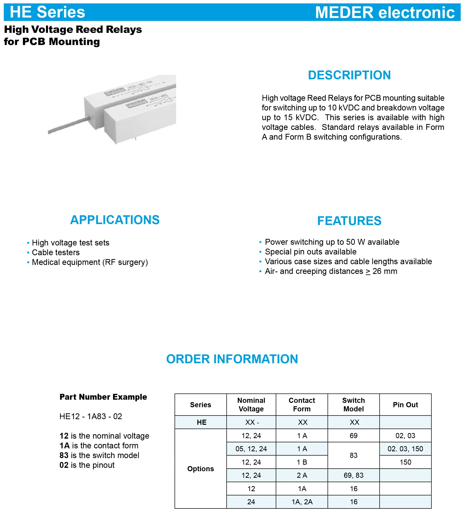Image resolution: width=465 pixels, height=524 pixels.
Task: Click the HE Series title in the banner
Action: [x=47, y=12]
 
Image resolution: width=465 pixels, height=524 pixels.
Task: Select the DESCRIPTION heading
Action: [x=349, y=75]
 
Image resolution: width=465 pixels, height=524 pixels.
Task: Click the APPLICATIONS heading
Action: [x=115, y=220]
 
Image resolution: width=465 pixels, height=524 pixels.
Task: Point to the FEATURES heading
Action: [x=349, y=221]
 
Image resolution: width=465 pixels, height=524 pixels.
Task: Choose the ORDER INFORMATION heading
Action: [x=232, y=359]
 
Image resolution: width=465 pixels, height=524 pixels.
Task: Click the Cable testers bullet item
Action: [x=56, y=253]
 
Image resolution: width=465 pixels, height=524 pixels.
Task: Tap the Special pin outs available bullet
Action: [x=311, y=252]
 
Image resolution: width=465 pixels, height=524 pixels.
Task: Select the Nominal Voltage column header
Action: [x=251, y=405]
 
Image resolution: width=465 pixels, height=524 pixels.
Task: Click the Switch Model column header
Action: [x=353, y=405]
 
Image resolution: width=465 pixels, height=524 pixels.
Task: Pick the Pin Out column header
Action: [x=405, y=405]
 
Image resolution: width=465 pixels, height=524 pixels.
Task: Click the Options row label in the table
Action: [x=200, y=469]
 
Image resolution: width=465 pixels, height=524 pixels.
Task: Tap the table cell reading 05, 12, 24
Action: [x=251, y=449]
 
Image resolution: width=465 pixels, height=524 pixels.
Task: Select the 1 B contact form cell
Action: [x=302, y=462]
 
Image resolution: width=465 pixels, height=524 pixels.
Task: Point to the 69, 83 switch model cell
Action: [x=353, y=475]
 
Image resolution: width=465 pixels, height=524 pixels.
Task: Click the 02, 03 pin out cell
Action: [x=405, y=435]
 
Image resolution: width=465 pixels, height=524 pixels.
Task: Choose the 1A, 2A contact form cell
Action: [x=302, y=502]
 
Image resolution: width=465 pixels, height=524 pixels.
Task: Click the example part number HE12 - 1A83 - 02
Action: [x=91, y=416]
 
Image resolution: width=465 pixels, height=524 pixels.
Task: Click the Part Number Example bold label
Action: [x=103, y=397]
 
